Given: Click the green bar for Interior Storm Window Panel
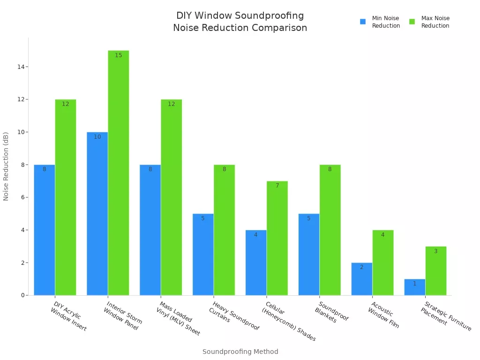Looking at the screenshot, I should click(118, 173).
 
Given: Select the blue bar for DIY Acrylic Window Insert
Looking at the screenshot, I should click(45, 230).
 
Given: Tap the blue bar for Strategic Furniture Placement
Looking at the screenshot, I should click(415, 287).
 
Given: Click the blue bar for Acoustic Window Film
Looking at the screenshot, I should click(362, 279).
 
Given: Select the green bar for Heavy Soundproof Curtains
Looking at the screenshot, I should click(224, 230).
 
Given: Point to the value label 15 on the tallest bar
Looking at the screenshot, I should click(118, 55).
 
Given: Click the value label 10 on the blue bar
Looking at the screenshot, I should click(97, 137).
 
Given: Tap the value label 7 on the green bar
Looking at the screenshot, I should click(277, 186).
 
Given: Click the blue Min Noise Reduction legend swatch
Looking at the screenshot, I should click(363, 22).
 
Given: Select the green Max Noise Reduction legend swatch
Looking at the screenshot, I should click(412, 22).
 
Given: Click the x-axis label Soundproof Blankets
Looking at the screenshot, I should click(331, 312).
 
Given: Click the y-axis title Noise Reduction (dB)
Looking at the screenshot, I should click(6, 166).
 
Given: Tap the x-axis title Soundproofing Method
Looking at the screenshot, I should click(240, 352).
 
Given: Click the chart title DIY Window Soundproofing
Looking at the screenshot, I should click(240, 16).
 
